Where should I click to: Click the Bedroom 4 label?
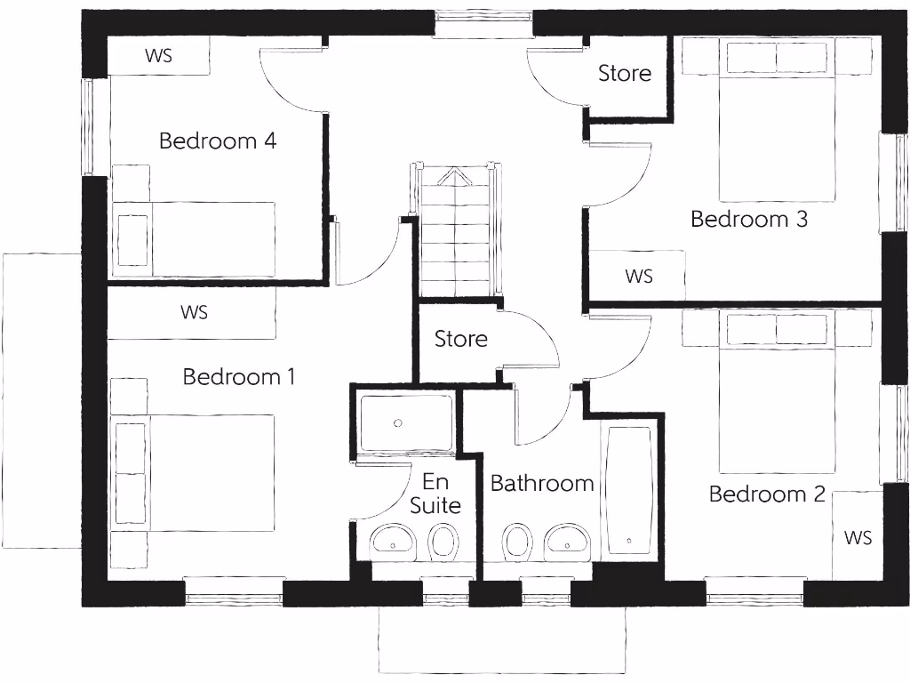(x=218, y=141)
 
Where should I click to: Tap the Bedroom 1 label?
(x=238, y=376)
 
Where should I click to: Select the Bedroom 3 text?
(x=748, y=219)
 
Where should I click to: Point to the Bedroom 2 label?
(x=766, y=494)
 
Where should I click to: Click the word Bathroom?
(x=541, y=483)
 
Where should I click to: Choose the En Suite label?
(x=435, y=494)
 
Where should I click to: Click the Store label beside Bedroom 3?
(x=624, y=73)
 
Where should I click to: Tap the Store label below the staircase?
(x=460, y=339)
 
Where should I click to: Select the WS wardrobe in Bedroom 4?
(x=158, y=56)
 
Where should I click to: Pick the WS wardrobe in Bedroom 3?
(x=638, y=276)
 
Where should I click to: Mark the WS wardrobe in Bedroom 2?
(x=857, y=537)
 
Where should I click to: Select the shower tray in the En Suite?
(x=404, y=422)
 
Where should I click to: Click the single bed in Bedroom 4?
(x=194, y=239)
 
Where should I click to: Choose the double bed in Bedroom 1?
(x=194, y=472)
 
